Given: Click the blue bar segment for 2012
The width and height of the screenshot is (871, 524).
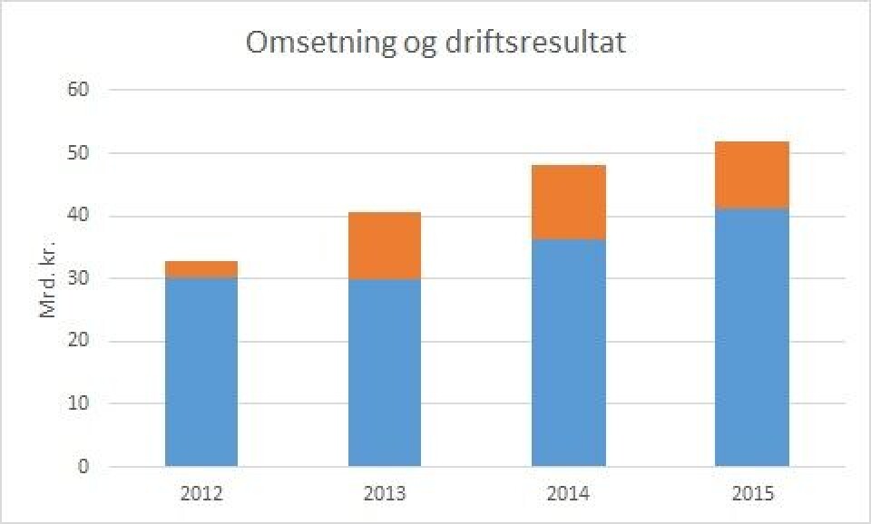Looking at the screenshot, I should [201, 372].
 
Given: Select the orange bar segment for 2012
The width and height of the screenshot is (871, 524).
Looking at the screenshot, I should [201, 269].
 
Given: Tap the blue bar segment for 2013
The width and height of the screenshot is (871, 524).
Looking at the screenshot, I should [385, 372].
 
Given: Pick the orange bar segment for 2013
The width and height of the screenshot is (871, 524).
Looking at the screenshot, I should [385, 246].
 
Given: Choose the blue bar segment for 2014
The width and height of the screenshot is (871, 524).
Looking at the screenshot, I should [568, 354].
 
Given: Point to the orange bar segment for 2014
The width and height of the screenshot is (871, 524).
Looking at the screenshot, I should [568, 202].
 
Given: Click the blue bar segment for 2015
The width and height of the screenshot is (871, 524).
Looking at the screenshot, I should [751, 337].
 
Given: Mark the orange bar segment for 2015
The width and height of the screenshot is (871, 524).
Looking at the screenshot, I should [751, 175].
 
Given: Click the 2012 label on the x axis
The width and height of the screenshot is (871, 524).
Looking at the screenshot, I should [201, 494].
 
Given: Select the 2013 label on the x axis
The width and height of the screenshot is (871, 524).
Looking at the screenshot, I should [385, 494].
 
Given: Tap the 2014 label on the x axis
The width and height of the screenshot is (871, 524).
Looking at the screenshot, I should [568, 494].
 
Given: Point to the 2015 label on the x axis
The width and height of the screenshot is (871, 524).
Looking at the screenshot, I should [751, 494].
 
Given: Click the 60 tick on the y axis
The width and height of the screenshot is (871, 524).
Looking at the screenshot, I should [79, 91].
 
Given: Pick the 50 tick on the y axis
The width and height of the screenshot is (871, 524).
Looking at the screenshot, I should [79, 153].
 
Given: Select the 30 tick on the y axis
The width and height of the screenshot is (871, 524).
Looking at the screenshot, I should [79, 278].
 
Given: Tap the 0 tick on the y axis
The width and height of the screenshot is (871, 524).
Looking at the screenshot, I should [83, 467].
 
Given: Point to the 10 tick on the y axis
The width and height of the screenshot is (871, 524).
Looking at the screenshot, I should [79, 403].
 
